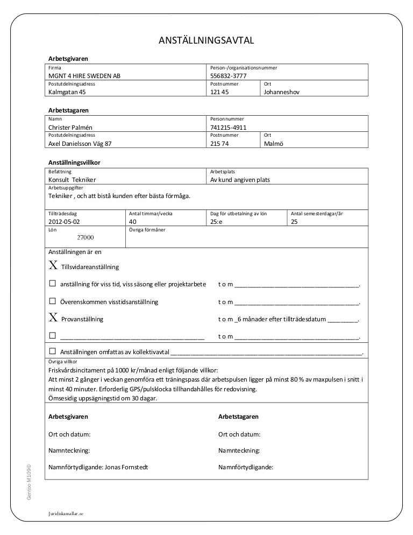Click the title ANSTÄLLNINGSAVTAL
[206, 41]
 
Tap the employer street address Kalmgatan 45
[67, 92]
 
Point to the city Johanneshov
[281, 92]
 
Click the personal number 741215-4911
[228, 128]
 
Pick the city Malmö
[273, 144]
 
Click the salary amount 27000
[86, 237]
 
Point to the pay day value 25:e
[216, 221]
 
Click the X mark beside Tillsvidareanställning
[53, 266]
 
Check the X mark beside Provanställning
[53, 318]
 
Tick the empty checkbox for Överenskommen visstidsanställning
[53, 302]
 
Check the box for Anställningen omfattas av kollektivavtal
[53, 353]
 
